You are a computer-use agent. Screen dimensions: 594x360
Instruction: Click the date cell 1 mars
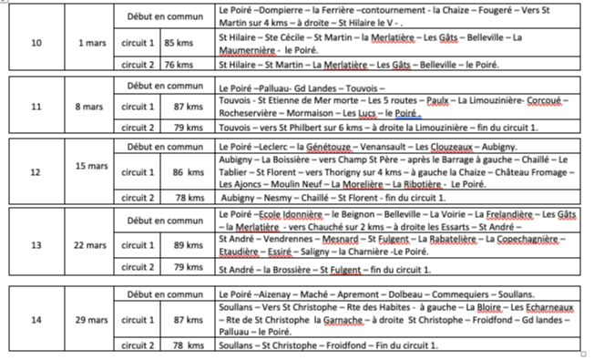[92, 42]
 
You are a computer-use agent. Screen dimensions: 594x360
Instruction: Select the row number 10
[36, 42]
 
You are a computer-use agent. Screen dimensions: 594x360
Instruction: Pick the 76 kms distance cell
[178, 64]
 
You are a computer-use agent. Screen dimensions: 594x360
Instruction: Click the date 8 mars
[92, 108]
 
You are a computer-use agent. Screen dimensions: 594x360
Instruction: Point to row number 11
[36, 108]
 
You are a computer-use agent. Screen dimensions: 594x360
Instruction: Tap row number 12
[36, 171]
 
